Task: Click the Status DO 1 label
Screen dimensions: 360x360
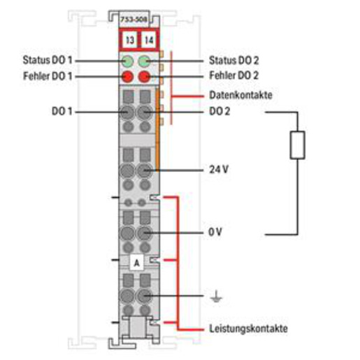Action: click(x=48, y=60)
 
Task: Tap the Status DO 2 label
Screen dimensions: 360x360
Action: click(x=234, y=60)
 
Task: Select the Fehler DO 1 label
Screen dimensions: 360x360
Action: click(x=48, y=76)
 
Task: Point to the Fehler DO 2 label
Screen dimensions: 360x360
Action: click(x=234, y=75)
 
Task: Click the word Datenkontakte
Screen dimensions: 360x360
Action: click(x=240, y=95)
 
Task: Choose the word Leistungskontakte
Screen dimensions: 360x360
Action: click(x=248, y=329)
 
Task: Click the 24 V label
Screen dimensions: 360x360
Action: click(x=219, y=169)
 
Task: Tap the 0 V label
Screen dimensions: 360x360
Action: click(x=215, y=232)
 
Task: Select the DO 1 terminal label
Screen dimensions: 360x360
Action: click(x=62, y=111)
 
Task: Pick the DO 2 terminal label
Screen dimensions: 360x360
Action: click(x=219, y=111)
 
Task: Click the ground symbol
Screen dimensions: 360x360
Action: click(x=216, y=296)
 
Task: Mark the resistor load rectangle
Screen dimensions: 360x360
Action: click(x=297, y=145)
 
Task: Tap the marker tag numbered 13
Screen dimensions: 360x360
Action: click(x=129, y=40)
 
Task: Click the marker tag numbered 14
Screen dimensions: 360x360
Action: click(x=149, y=40)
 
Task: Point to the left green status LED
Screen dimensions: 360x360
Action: click(x=127, y=62)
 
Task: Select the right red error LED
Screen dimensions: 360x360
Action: click(x=144, y=77)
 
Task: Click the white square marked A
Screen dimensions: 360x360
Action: click(x=136, y=263)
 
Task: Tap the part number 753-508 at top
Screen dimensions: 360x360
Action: click(x=134, y=20)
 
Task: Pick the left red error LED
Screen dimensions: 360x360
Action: click(x=127, y=77)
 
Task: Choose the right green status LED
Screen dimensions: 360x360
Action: click(x=144, y=62)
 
